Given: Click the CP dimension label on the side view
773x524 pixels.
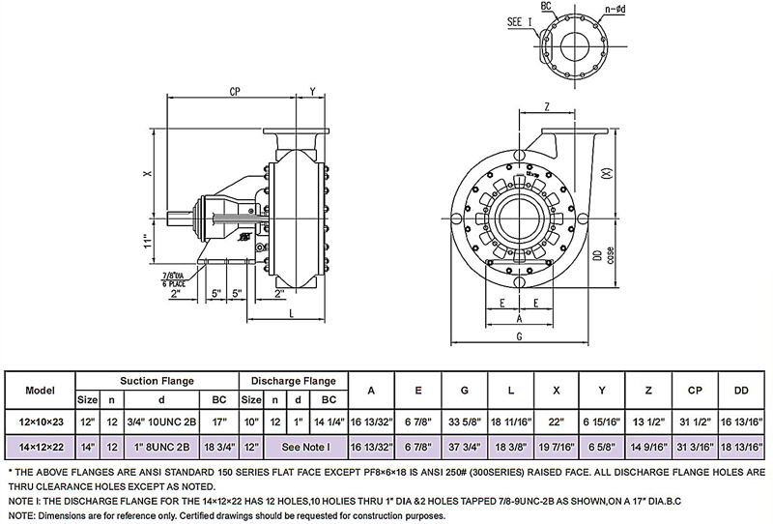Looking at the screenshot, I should (x=236, y=92).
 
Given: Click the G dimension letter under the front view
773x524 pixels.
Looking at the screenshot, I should (x=520, y=335).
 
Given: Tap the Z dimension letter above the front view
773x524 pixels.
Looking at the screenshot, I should (x=547, y=107).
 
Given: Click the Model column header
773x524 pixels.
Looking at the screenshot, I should (x=41, y=390).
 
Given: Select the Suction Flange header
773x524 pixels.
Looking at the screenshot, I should (x=157, y=380).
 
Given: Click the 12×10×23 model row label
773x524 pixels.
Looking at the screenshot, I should (x=41, y=422).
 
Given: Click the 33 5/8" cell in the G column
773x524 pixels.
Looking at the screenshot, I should (x=465, y=422).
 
